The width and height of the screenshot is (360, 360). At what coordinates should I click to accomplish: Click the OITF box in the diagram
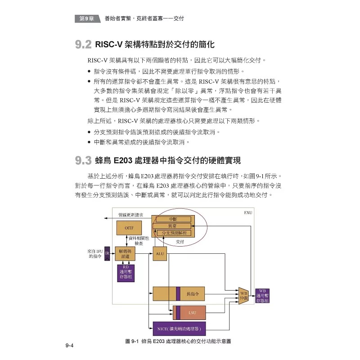[x=129, y=228]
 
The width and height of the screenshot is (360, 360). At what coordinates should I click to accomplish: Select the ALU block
[x=160, y=254]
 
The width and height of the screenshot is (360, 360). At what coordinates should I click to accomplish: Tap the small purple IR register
[x=107, y=254]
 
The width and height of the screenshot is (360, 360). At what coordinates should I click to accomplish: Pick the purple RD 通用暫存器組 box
[x=126, y=273]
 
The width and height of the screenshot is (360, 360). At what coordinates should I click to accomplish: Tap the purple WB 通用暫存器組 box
[x=262, y=295]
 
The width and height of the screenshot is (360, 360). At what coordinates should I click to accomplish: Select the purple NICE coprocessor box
[x=179, y=328]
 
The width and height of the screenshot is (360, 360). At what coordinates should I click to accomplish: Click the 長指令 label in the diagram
[x=193, y=293]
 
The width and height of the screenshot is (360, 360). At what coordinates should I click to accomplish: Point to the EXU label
[x=247, y=212]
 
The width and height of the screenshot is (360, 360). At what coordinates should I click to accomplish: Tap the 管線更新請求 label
[x=130, y=215]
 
